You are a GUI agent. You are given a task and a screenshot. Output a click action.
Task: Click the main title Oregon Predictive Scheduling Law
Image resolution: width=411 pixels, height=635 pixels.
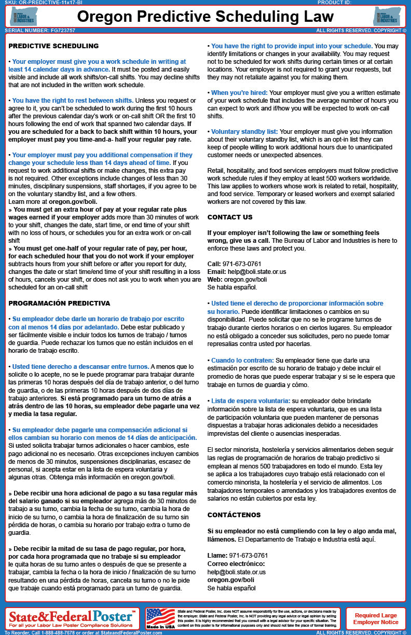[x=205, y=17]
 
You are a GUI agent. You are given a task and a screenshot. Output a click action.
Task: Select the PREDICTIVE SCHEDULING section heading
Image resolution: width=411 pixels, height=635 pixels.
[x=53, y=46]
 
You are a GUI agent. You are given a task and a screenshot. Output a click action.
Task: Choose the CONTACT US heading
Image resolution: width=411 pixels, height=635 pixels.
[x=230, y=217]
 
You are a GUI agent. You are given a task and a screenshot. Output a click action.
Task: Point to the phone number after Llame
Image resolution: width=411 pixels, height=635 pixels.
[x=249, y=555]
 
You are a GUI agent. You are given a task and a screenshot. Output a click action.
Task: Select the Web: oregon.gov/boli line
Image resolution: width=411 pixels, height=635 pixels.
[x=237, y=279]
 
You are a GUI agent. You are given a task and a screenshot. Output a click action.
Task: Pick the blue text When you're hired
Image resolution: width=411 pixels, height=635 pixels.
[x=239, y=93]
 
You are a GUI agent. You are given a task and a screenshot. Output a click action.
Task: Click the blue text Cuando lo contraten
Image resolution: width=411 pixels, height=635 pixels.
[x=242, y=360]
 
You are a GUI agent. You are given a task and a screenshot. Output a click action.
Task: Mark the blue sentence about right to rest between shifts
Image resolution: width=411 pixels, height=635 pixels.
[x=73, y=101]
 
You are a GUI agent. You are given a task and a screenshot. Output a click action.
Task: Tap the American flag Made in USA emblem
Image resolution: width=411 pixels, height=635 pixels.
[x=161, y=617]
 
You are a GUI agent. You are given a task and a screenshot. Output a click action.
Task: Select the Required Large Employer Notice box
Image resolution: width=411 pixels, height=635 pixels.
[x=376, y=618]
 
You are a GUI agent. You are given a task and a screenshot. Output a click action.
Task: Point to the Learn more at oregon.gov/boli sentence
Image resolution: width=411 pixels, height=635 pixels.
[x=53, y=201]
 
